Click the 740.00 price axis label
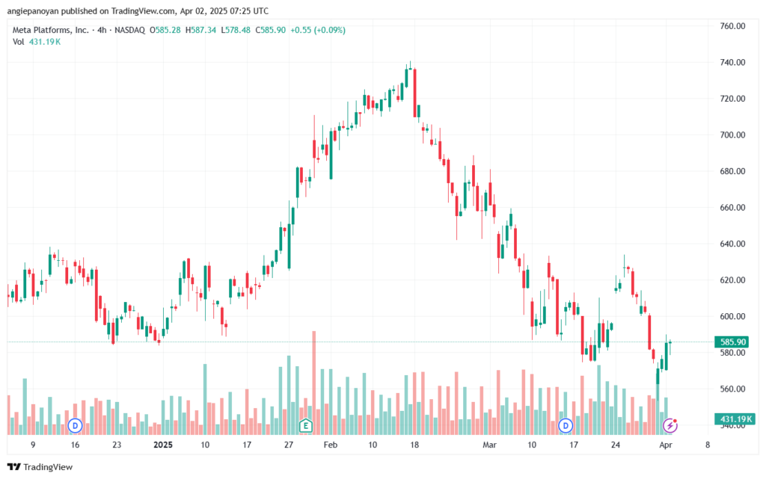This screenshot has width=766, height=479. tap(732, 63)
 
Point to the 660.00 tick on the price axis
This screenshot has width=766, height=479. tap(732, 207)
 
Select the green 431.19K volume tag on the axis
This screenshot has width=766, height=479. tap(735, 419)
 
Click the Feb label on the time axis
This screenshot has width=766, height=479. tap(330, 445)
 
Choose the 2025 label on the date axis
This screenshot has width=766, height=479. tap(162, 445)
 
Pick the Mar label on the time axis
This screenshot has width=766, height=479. tap(489, 445)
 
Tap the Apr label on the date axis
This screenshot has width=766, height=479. tap(666, 445)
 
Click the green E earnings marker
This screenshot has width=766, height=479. tap(306, 425)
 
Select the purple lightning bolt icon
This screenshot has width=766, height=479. tap(670, 425)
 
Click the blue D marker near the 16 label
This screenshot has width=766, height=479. tap(75, 425)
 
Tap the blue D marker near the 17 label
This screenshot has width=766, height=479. tap(566, 425)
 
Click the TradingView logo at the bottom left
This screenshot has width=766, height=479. tap(40, 467)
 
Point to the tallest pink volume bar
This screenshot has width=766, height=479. tap(314, 383)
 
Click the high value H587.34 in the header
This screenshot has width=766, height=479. tap(200, 30)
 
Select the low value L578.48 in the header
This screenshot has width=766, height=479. tap(236, 30)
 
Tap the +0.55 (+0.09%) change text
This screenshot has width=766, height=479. tap(318, 30)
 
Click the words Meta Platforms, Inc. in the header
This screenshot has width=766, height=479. tap(51, 30)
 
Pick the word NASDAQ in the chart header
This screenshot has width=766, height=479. tap(130, 30)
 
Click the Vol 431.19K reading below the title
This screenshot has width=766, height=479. tap(37, 42)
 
